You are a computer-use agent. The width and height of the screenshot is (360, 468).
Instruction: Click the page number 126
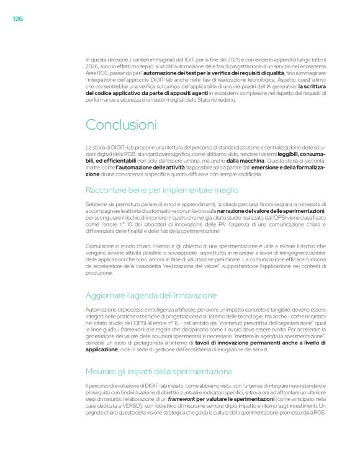pos(17,19)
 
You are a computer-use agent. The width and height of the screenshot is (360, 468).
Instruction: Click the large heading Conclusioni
pos(122,124)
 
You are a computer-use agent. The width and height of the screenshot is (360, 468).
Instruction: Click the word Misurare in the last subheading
pos(101,371)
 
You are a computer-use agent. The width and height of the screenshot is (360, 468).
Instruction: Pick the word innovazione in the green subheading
pos(192,294)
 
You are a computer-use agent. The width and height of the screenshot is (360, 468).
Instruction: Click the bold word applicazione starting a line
pos(101,350)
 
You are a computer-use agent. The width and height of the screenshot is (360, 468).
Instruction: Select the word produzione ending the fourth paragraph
pos(99,272)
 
